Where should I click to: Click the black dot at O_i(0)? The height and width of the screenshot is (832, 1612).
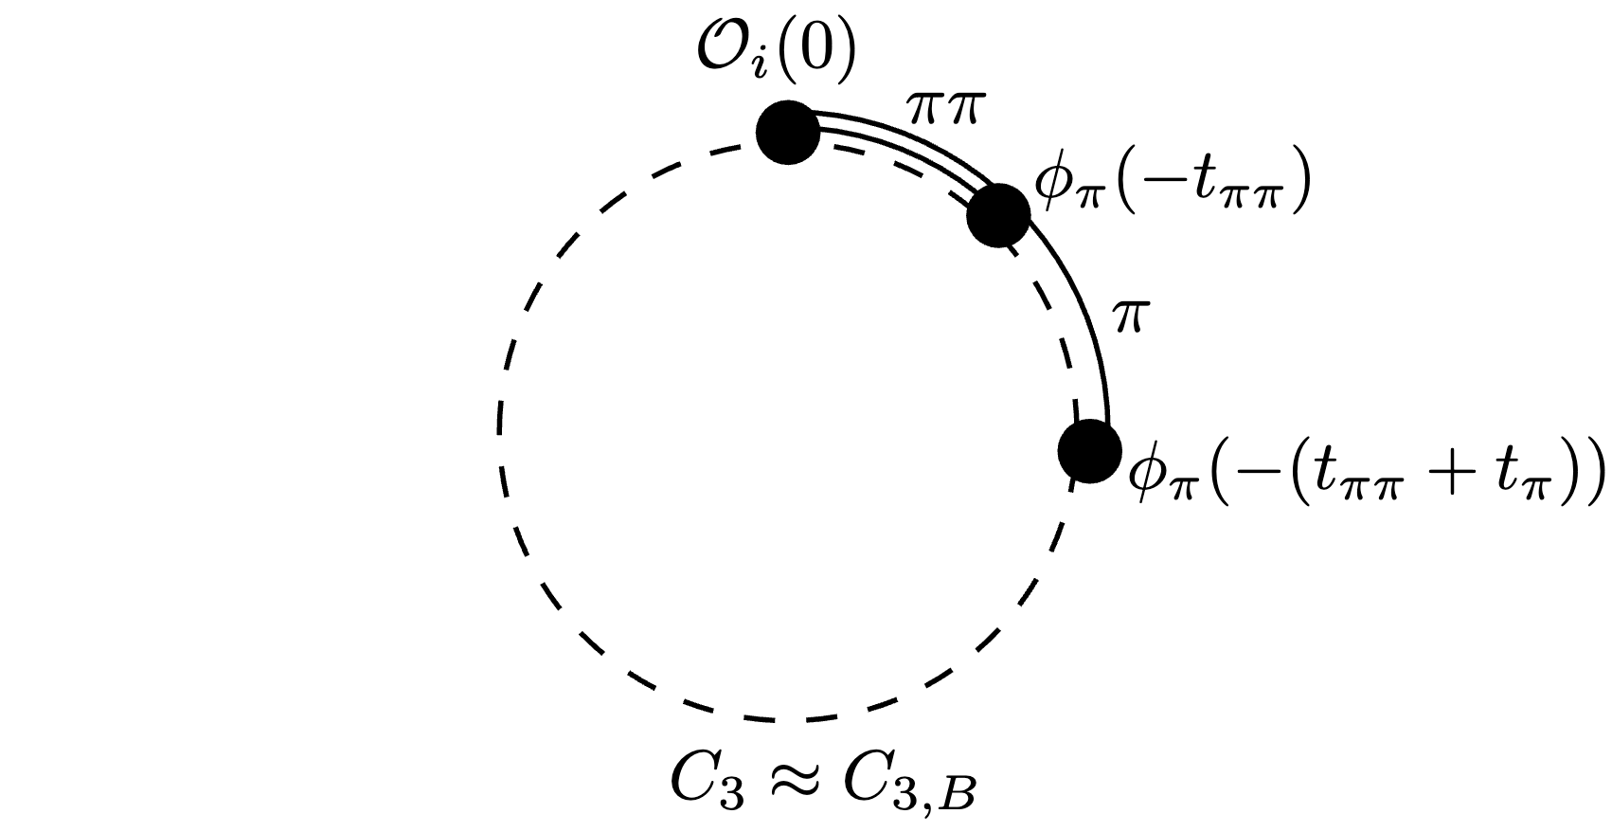788,133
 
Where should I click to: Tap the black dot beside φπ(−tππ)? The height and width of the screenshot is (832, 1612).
997,216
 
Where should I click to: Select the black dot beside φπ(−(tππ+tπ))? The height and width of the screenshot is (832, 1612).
1089,451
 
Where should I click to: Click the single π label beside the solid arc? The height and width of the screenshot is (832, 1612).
1128,318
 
